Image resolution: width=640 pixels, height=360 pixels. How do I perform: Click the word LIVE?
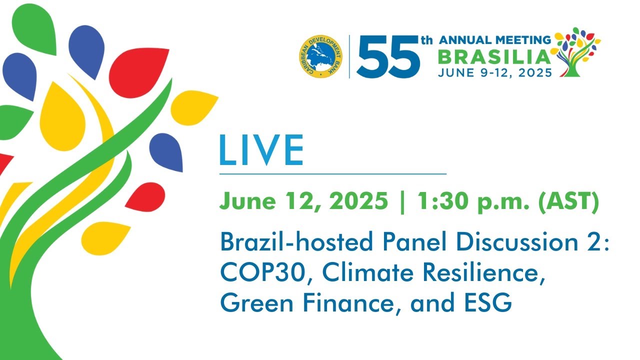coord(261,150)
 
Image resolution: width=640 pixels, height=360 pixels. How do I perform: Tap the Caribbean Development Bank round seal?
coord(320,56)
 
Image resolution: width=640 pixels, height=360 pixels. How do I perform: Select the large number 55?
coord(388,56)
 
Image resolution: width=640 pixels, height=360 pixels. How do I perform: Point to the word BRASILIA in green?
coord(494,57)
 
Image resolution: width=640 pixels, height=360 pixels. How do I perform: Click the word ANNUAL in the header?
coord(463,40)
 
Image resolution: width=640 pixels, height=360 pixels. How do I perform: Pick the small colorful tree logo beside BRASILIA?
coord(577,52)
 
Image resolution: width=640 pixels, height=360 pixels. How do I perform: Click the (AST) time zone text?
coord(568,201)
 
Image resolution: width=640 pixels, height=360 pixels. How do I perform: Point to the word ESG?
coord(487,303)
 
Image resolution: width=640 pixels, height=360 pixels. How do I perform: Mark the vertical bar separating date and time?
coord(402,202)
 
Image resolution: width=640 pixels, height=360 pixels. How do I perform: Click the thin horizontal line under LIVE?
coord(332,173)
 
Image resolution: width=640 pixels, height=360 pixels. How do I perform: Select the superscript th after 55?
coord(427,40)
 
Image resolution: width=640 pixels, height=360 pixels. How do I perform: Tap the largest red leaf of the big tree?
coord(139,73)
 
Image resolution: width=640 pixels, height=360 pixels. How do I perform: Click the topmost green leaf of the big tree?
coord(34,28)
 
